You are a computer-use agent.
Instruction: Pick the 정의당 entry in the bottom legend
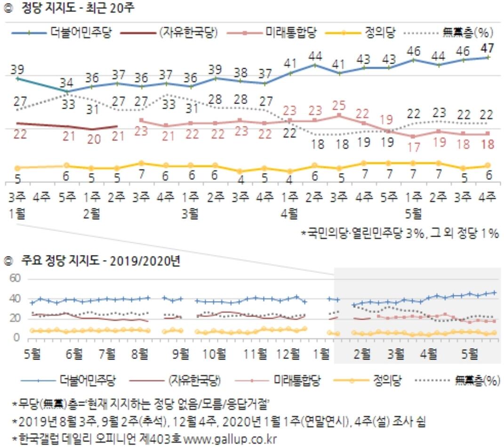[x=384, y=380]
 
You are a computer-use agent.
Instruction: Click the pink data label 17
[x=414, y=147]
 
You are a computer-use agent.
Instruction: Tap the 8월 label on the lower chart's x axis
[x=140, y=352]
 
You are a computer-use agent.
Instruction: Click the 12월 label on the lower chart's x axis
[x=288, y=352]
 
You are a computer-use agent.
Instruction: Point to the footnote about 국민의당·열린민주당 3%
[x=400, y=233]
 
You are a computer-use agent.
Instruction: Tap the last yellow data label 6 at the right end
[x=488, y=176]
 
